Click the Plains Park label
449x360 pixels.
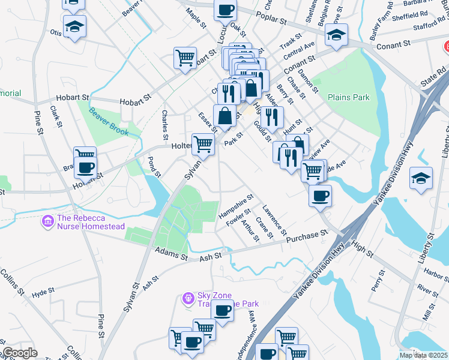(346, 97)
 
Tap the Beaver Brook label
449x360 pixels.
(109, 121)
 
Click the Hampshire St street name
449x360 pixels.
(236, 206)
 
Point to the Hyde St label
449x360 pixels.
(43, 292)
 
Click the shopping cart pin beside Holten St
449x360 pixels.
(203, 145)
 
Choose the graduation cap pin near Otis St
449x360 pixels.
(75, 27)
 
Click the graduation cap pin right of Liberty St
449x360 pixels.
(421, 178)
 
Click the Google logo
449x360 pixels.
(19, 353)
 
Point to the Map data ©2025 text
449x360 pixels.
(423, 355)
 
